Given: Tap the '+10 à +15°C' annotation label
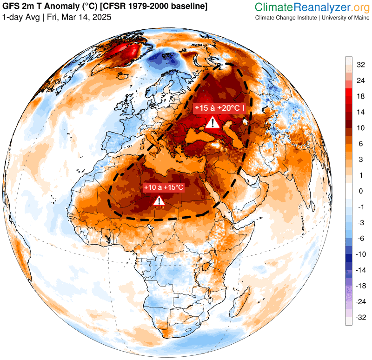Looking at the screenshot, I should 164,187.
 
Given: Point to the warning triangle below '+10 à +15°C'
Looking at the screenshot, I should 159,200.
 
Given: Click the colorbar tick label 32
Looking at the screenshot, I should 360,65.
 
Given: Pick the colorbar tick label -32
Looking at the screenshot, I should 361,318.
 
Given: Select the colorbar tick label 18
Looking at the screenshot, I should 360,96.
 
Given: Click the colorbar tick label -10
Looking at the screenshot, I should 361,254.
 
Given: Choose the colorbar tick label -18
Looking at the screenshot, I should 361,286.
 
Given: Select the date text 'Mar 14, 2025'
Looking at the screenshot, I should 89,17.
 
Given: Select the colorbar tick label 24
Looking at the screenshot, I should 360,80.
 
